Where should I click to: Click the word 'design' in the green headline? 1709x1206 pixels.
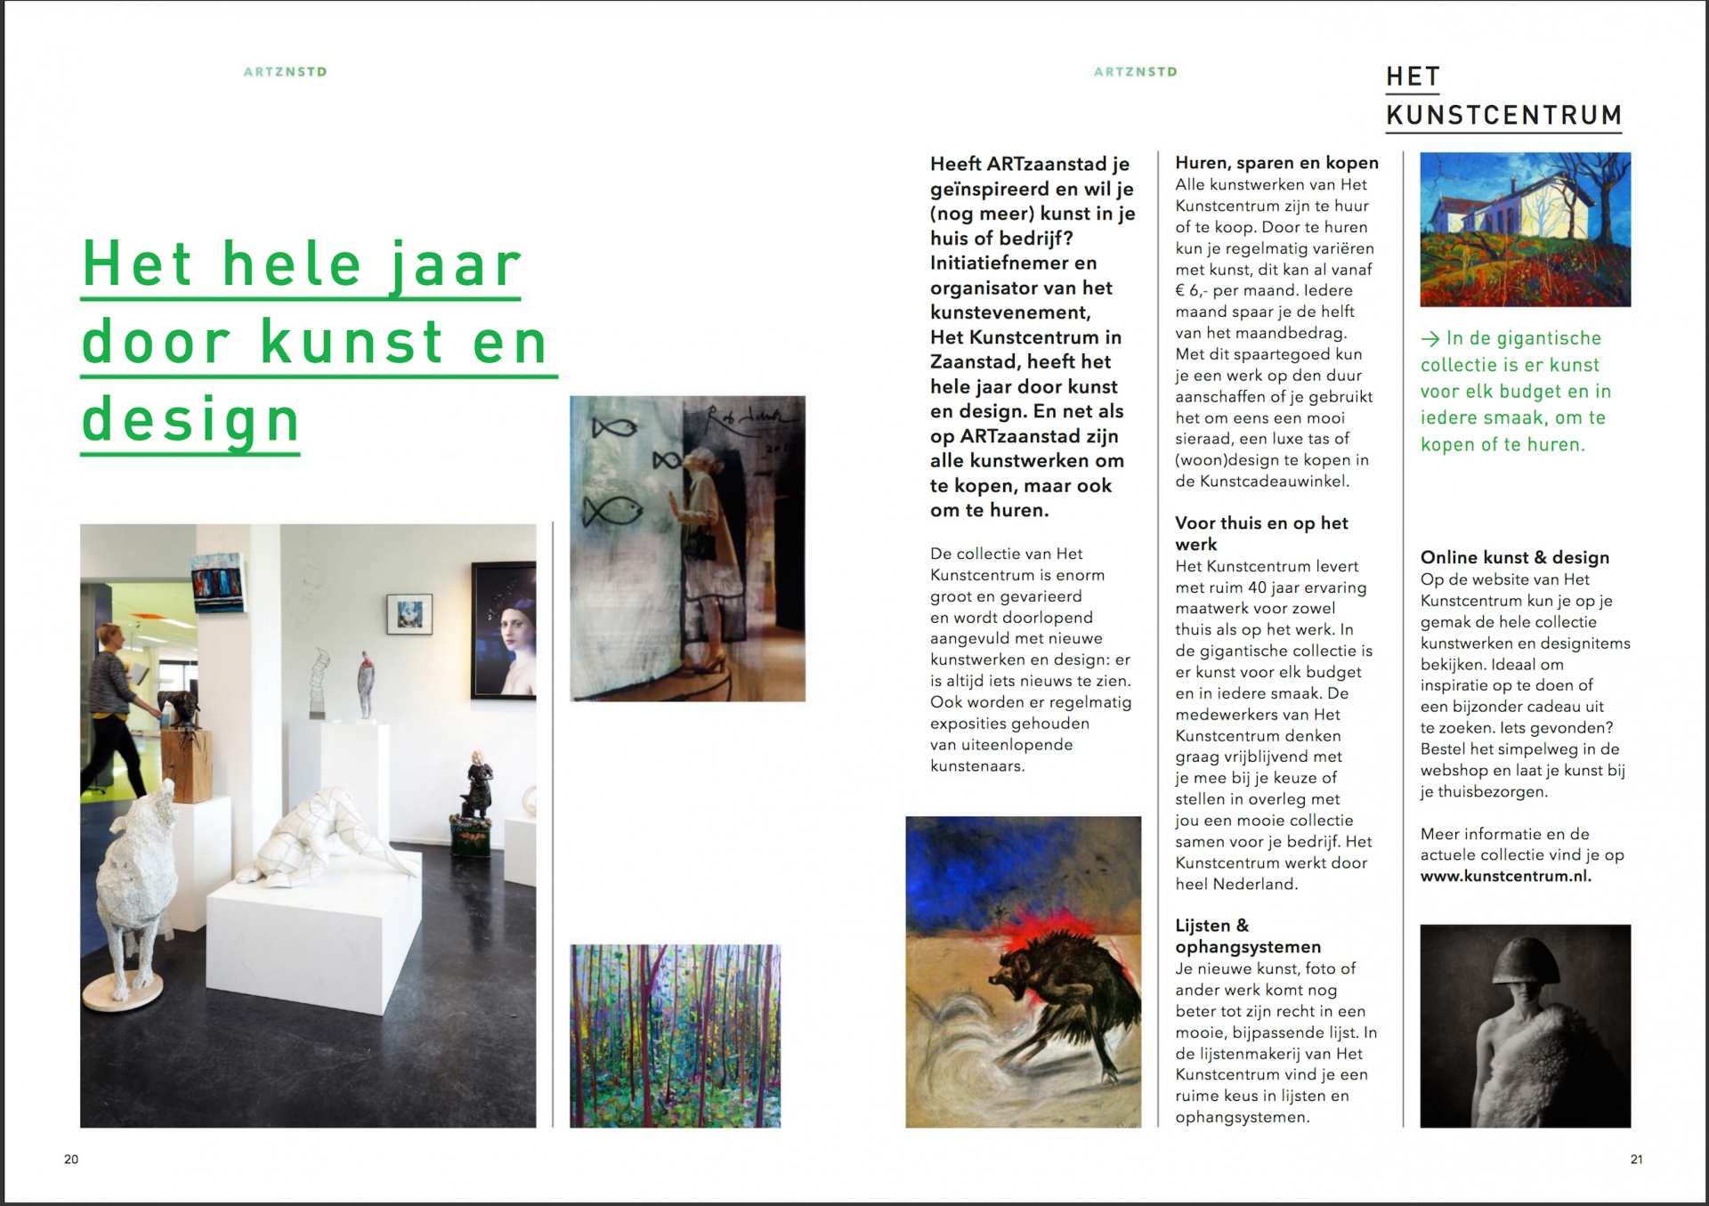(190, 420)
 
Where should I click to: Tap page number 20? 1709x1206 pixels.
(71, 1159)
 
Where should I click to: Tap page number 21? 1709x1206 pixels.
(1636, 1159)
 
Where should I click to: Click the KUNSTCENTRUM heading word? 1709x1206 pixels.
(1503, 116)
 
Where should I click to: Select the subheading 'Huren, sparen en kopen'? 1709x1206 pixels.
(1276, 163)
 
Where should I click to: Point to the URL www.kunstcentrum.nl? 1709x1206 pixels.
(1505, 876)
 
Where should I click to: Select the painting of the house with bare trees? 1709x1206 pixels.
(1525, 230)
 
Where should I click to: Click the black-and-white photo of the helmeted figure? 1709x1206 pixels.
(1525, 1025)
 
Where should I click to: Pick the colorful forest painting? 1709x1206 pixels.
(675, 1036)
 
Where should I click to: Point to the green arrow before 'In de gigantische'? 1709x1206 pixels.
(1430, 339)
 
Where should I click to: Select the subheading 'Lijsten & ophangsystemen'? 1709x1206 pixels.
(1246, 936)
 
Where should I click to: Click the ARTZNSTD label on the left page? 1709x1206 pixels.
(285, 72)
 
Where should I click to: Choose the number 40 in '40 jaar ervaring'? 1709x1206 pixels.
(1256, 587)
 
